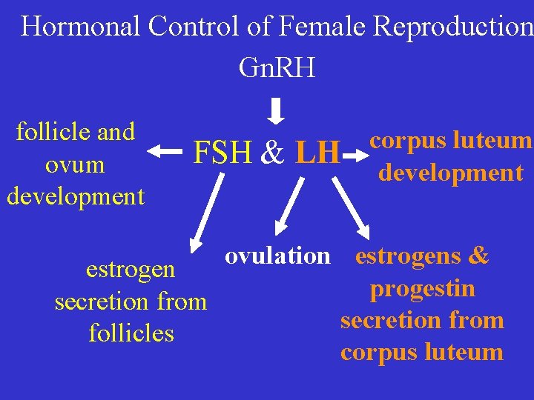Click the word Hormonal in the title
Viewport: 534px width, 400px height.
click(x=81, y=27)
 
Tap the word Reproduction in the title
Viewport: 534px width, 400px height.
click(x=453, y=27)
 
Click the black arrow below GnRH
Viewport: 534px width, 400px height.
click(x=276, y=112)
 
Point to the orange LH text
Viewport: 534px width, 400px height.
click(x=318, y=153)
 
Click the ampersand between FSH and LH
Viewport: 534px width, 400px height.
click(x=273, y=153)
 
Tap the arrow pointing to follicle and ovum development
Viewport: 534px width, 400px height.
click(x=166, y=152)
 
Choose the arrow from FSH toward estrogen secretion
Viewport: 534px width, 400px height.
click(x=204, y=211)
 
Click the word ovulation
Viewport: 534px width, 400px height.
click(x=277, y=256)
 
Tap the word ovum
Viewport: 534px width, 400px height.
click(x=74, y=164)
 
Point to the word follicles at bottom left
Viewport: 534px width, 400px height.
click(x=131, y=333)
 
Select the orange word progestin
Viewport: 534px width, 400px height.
click(x=423, y=288)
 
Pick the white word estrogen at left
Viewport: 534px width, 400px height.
click(x=131, y=269)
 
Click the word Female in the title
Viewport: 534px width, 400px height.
click(x=323, y=27)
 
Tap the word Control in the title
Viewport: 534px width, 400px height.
click(x=194, y=27)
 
